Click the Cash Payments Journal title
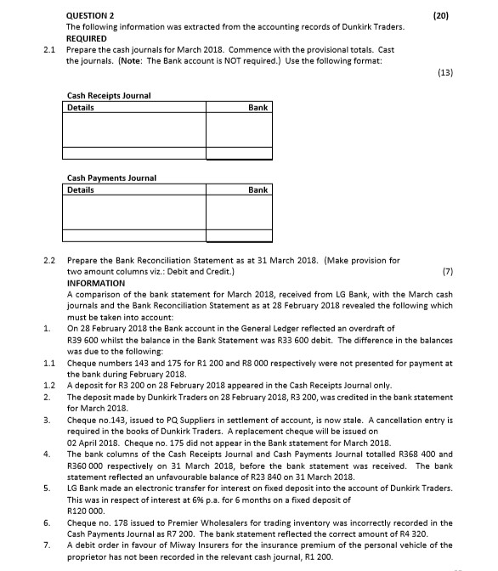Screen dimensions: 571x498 point(110,178)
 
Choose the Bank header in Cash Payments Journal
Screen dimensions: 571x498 point(258,190)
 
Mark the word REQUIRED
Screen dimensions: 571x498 point(87,38)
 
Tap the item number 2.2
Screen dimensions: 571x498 point(49,259)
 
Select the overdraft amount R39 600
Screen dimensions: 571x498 point(83,339)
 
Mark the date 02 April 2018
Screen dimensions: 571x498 point(94,442)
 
